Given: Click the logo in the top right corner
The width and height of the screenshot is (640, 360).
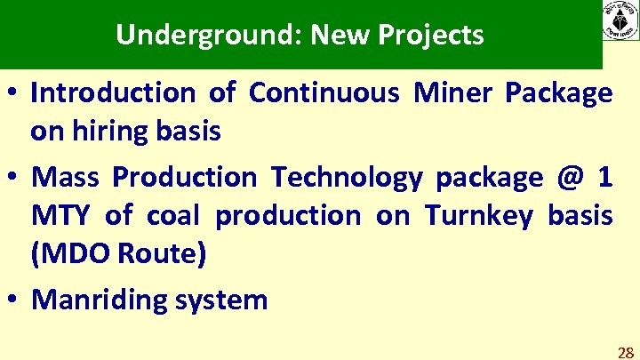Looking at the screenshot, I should (x=620, y=20).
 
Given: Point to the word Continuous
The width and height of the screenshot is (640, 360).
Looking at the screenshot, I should (x=324, y=92).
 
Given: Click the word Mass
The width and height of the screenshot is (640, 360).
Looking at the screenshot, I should (x=65, y=177).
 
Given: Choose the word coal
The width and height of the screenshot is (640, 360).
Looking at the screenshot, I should (x=172, y=215).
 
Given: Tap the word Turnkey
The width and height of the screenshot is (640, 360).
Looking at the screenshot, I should (x=474, y=216).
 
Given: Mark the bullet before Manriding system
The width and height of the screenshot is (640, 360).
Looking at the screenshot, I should (x=15, y=300).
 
